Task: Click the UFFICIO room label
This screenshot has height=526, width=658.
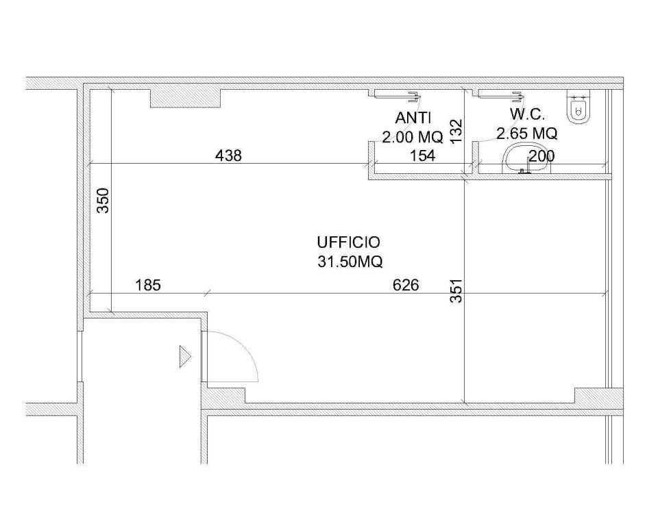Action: (348, 242)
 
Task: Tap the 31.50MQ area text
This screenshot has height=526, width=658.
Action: (350, 262)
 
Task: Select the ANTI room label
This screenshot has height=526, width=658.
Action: (413, 118)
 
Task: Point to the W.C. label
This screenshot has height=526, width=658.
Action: (527, 114)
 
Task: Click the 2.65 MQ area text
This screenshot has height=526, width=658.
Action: (527, 134)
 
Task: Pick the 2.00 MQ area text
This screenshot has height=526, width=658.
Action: (413, 137)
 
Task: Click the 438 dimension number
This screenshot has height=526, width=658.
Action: (228, 156)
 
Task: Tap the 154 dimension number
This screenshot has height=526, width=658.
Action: (422, 156)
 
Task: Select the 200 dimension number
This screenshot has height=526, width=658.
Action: (541, 156)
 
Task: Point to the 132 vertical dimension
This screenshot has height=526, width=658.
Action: (456, 131)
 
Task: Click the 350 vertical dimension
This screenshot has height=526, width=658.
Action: (103, 201)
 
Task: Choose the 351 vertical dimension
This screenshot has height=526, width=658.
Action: (456, 291)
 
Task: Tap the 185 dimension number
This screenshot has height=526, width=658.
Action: (148, 286)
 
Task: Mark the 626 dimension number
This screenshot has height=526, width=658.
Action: (406, 286)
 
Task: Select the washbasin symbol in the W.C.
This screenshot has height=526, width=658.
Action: (526, 159)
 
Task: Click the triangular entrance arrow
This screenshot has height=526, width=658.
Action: (185, 357)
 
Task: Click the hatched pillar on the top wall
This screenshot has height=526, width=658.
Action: (186, 98)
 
